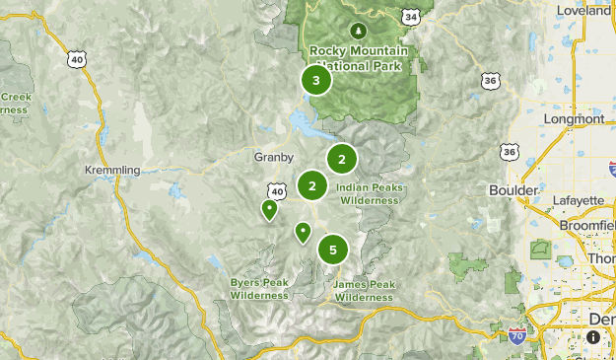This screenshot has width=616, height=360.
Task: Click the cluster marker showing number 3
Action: [315, 81]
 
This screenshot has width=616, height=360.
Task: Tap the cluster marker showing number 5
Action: [333, 250]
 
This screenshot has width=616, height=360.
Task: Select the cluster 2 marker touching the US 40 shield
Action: [312, 185]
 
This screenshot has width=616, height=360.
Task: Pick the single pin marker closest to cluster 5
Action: [303, 232]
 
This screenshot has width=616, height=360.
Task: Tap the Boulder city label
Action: [513, 189]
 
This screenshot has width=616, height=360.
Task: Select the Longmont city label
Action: [576, 119]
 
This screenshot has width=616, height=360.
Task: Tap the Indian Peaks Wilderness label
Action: [368, 193]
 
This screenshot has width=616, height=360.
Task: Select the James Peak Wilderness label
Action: [364, 290]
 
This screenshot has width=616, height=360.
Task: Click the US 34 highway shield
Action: [411, 17]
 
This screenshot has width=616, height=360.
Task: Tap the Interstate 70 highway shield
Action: [518, 337]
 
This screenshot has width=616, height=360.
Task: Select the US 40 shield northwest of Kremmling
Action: [77, 59]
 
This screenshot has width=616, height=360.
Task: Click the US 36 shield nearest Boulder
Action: [509, 152]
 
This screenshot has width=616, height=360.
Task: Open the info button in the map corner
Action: [593, 337]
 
